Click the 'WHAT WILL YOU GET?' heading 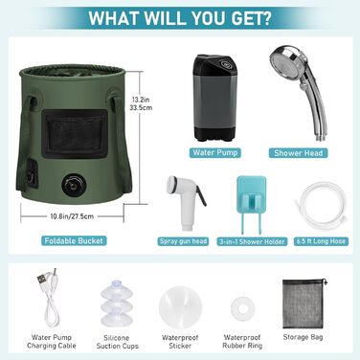click(180, 18)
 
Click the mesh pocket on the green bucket click(75, 134)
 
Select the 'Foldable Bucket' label click(74, 240)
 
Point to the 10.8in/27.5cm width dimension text click(72, 216)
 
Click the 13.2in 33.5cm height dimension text click(141, 103)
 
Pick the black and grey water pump click(214, 98)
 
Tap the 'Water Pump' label click(215, 152)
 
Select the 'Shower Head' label click(298, 153)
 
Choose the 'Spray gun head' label click(183, 241)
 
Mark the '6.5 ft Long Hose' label click(321, 241)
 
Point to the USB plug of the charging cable click(41, 280)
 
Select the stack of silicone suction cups click(116, 303)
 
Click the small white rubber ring click(243, 307)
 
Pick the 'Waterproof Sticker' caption click(180, 342)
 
